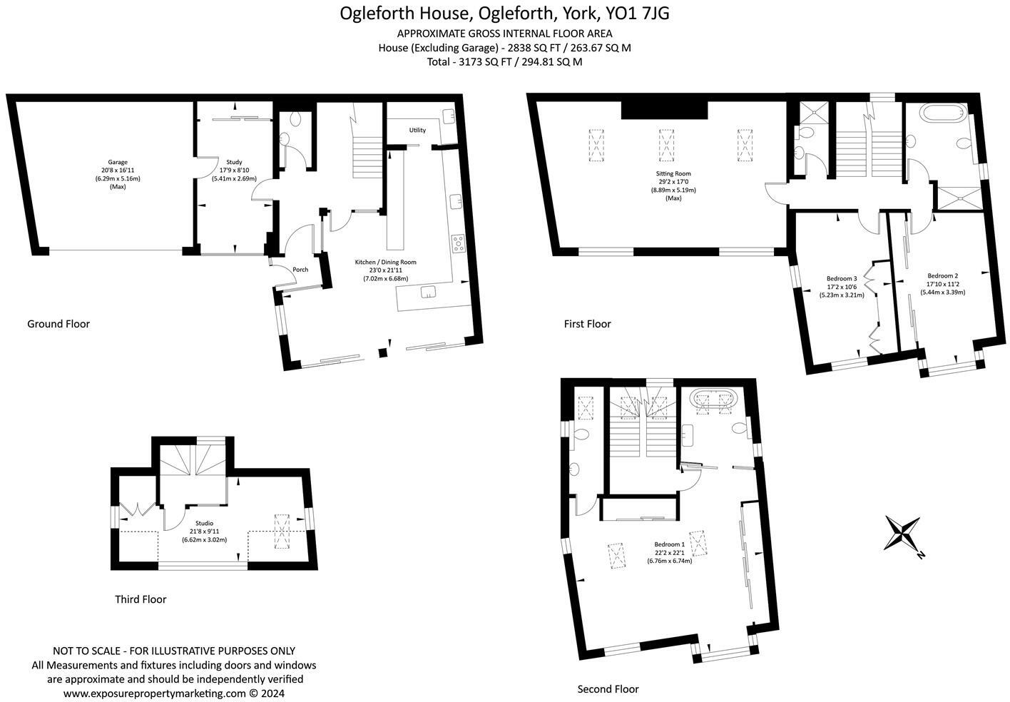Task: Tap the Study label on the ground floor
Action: click(233, 162)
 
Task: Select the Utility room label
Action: click(417, 130)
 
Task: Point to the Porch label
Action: click(300, 270)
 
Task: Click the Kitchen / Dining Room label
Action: click(385, 262)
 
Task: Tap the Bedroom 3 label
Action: click(842, 278)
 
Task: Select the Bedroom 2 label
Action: click(942, 276)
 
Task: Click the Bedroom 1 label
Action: click(669, 544)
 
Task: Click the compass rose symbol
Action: click(902, 533)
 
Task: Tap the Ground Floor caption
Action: click(58, 324)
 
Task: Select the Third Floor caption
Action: click(141, 599)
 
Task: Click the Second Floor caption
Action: click(608, 689)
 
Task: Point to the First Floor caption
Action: click(587, 324)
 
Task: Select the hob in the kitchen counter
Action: click(457, 243)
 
